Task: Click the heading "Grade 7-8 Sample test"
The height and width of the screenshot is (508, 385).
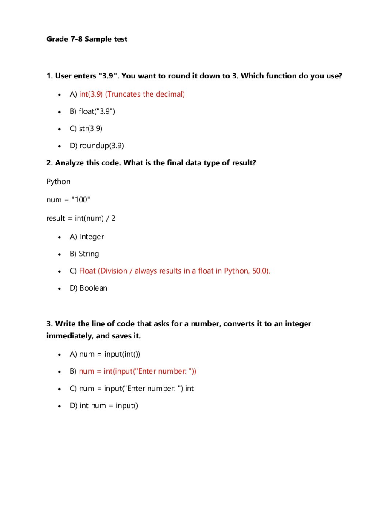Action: [87, 39]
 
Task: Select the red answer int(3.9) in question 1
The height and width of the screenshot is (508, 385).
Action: [91, 94]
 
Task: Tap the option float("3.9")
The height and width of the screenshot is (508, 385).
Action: [97, 112]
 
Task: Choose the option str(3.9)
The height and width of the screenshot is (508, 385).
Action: [90, 129]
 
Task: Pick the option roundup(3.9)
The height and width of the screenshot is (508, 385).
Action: [101, 146]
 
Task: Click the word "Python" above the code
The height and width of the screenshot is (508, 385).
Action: [58, 182]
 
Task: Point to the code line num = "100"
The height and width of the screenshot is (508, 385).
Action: [68, 200]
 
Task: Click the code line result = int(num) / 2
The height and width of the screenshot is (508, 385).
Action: [81, 218]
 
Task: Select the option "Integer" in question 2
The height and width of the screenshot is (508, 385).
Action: [91, 237]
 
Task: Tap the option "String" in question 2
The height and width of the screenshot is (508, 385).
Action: [89, 254]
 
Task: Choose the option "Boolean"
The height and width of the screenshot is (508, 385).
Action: [93, 288]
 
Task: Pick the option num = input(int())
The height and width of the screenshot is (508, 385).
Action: [109, 354]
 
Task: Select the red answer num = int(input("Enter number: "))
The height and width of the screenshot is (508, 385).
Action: [138, 371]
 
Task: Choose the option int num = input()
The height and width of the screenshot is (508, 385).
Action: [109, 406]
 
